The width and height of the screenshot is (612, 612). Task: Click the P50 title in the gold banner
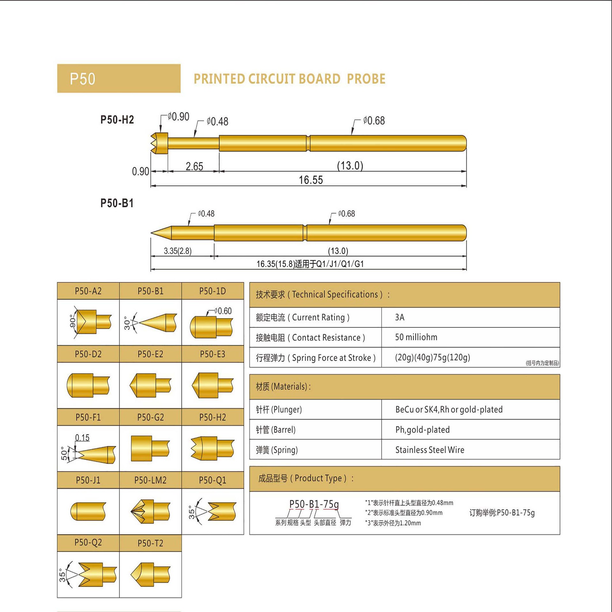[x=82, y=79]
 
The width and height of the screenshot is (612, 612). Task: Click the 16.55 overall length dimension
[x=310, y=180]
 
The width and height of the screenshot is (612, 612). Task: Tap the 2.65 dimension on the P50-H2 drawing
[x=194, y=166]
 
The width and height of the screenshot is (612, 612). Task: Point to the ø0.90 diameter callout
[x=178, y=117]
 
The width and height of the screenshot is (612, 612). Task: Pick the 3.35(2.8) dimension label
[x=178, y=251]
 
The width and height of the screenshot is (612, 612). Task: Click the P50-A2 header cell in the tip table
[x=88, y=291]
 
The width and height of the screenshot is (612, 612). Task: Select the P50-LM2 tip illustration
[x=150, y=511]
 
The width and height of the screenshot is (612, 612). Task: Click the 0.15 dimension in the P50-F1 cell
[x=82, y=438]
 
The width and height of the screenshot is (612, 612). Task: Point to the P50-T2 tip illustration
[x=150, y=574]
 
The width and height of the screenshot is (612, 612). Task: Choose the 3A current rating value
[x=400, y=317]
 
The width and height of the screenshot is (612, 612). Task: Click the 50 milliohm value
[x=416, y=337]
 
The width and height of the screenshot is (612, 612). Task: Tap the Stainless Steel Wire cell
[x=430, y=450]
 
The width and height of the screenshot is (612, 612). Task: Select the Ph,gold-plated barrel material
[x=422, y=430]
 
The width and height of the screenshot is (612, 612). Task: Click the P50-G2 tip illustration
[x=150, y=448]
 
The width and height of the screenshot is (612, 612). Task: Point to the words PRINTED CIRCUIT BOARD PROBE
[x=289, y=79]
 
